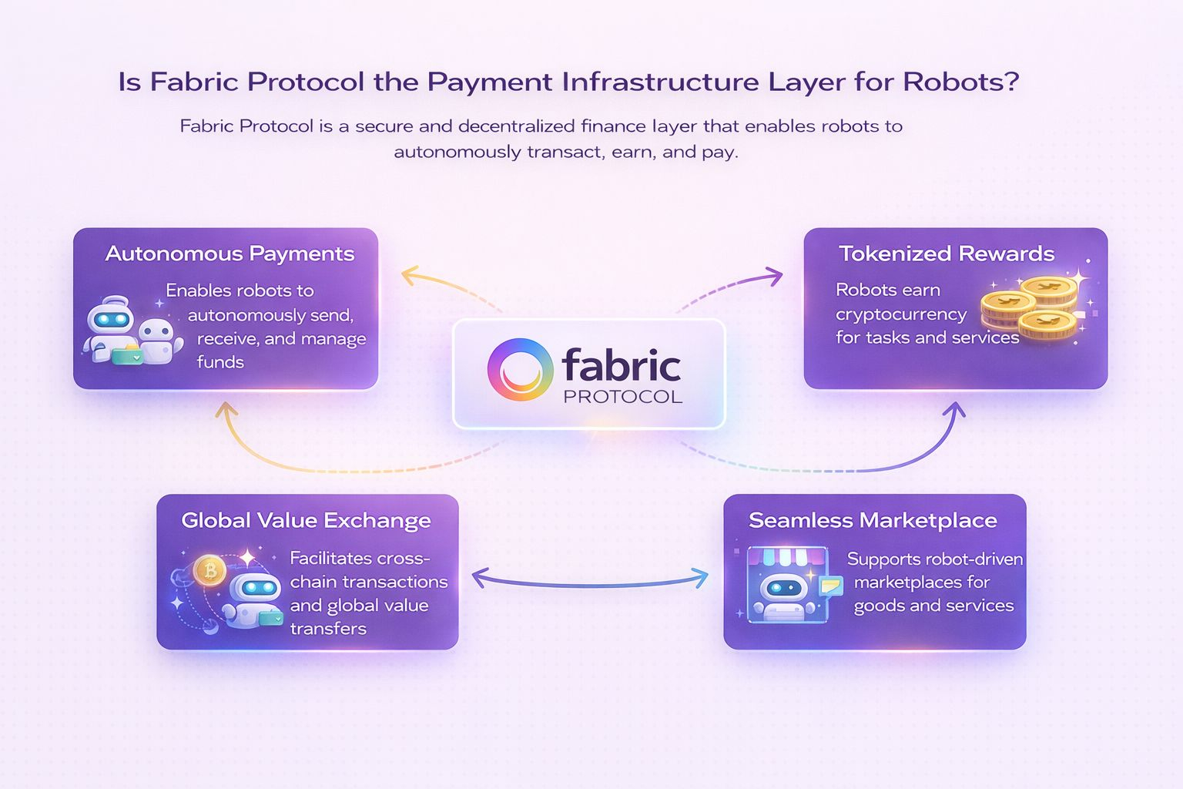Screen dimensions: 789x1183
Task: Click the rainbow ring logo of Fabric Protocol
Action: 521,369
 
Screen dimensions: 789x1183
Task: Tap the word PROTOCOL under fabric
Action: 622,397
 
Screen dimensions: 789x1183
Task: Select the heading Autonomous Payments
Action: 230,253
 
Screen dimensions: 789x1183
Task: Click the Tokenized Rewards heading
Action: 946,253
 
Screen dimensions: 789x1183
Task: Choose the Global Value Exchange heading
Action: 306,520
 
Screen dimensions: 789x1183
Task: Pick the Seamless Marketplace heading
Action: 873,520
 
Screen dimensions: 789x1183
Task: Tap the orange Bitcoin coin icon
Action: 209,571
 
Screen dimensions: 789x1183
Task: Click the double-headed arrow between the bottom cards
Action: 590,579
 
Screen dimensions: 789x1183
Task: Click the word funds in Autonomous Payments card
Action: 220,362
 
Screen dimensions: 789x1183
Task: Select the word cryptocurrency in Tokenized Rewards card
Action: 900,314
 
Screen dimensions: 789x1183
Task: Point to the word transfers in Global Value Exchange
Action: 328,629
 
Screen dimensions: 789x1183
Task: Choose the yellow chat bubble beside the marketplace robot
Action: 830,586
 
